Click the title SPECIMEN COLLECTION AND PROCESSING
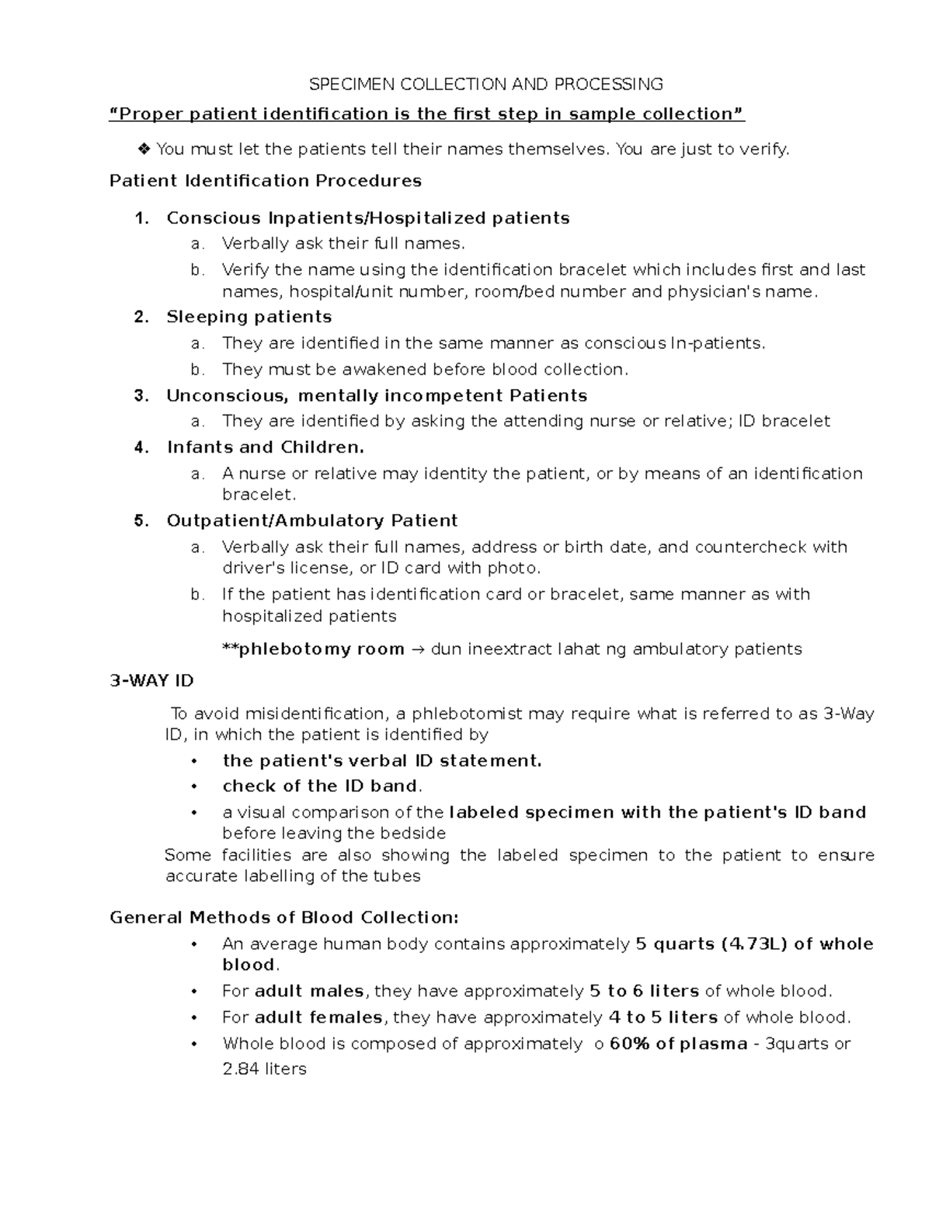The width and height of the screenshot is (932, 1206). coord(486,84)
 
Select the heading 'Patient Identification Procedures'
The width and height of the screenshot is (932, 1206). coord(266,181)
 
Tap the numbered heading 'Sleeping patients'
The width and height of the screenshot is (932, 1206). coord(249,317)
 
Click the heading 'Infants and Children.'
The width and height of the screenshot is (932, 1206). coord(265,447)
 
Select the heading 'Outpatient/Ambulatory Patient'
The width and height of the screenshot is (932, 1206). coord(311,520)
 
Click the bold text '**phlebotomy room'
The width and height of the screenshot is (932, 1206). coord(313,649)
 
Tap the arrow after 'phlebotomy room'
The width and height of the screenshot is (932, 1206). coord(417,649)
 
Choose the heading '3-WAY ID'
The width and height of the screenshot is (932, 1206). coord(151,681)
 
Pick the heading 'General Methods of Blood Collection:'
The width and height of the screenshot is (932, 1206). coord(284,918)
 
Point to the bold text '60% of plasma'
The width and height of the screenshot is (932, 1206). coord(678,1044)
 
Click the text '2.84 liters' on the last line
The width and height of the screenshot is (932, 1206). coord(264,1069)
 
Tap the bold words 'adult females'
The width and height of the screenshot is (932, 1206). coord(318,1017)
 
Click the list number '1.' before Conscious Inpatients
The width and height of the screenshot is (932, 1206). coord(141,218)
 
